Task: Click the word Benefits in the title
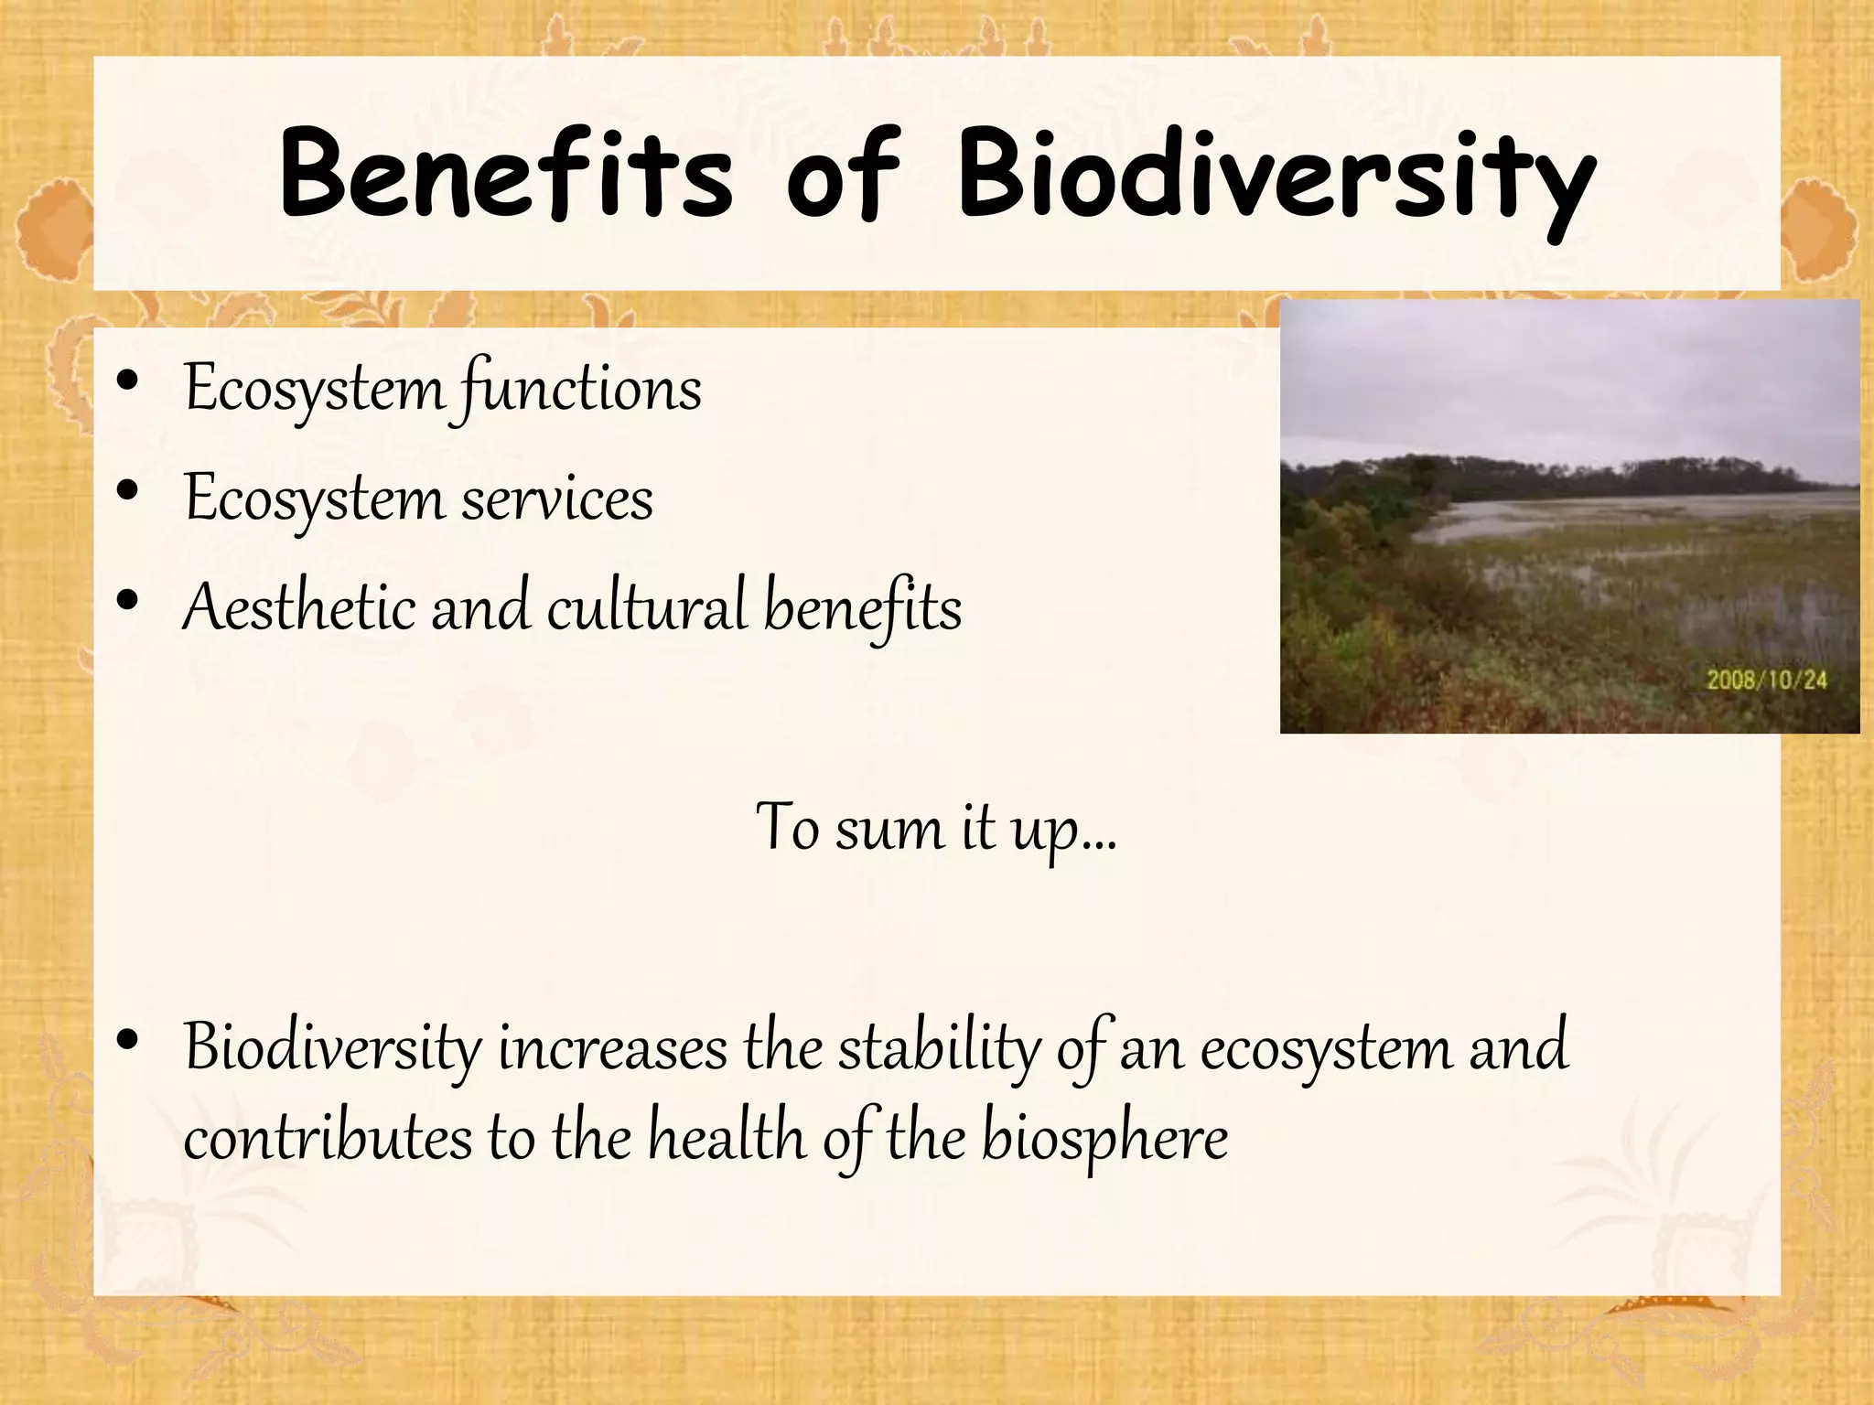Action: point(506,174)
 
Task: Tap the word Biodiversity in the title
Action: point(1276,178)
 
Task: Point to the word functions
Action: point(582,390)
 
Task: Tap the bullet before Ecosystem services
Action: point(128,491)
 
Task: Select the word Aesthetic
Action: point(298,607)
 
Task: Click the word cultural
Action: point(647,607)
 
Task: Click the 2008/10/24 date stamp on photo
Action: point(1766,680)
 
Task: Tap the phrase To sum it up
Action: point(935,829)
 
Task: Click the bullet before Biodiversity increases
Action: point(128,1040)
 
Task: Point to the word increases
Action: point(612,1049)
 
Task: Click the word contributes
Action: point(328,1139)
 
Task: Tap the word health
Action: point(727,1139)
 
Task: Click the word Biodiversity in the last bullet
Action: point(332,1049)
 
